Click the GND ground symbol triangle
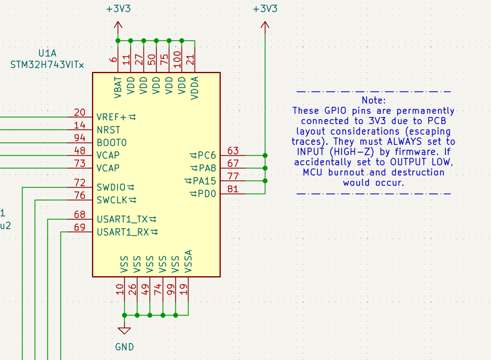point(124,331)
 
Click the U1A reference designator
point(47,54)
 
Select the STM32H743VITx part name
point(47,65)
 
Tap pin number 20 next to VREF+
point(80,113)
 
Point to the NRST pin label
point(108,130)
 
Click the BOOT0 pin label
point(112,143)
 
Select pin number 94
point(80,138)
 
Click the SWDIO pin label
point(111,188)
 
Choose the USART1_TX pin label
point(123,219)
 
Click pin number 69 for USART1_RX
point(80,228)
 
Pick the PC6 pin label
point(207,156)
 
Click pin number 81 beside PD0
point(233,189)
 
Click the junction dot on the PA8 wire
point(265,168)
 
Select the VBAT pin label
point(118,87)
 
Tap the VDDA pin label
point(195,87)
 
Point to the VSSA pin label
point(188,261)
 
